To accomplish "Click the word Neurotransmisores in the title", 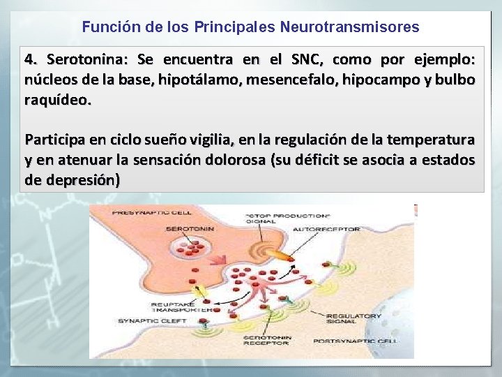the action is (349, 27).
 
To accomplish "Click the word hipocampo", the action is (394, 79).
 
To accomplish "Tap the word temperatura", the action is (426, 138).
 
